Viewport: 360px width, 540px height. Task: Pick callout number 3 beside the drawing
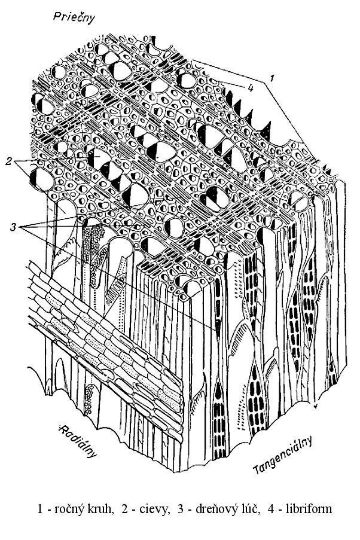click(13, 227)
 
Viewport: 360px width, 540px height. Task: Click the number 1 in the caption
click(40, 510)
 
